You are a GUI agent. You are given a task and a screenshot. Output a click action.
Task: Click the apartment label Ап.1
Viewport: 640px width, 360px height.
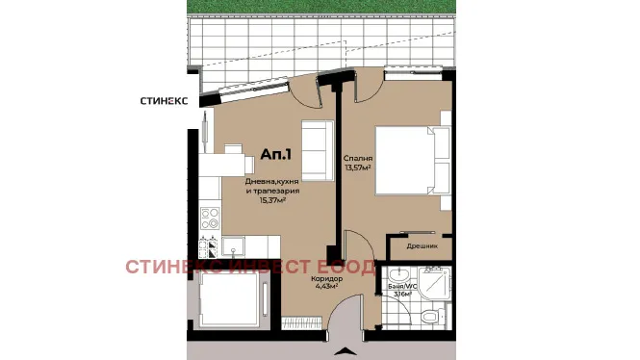[x=276, y=153]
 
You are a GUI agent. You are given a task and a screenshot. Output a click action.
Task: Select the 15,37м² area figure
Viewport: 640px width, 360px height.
[x=275, y=200]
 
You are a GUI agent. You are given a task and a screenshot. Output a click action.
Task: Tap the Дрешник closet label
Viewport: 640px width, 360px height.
[x=422, y=245]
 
